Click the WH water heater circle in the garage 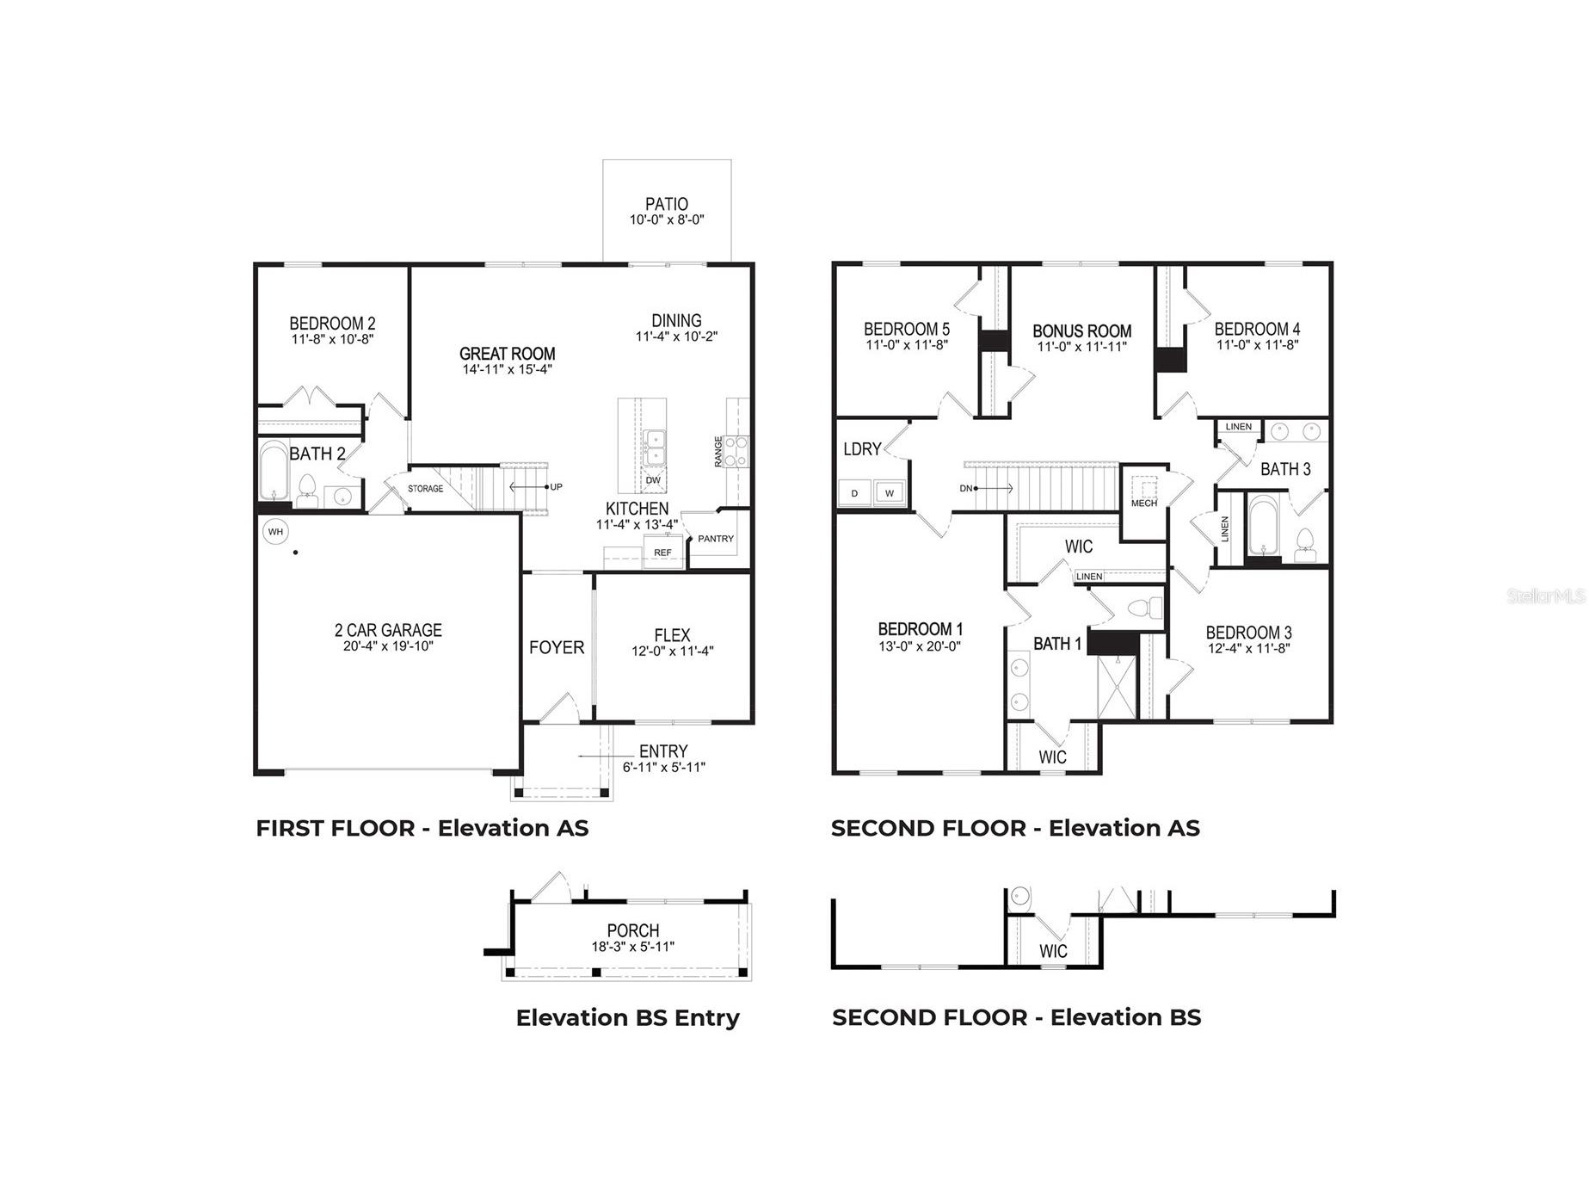tap(275, 532)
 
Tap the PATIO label tap(667, 204)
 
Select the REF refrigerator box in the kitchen tap(662, 553)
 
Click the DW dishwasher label tap(653, 480)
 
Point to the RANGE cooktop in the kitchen tap(736, 451)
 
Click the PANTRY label tap(716, 539)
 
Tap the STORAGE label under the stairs tap(425, 489)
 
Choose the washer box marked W tap(890, 493)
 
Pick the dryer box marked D tap(854, 493)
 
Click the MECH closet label tap(1143, 503)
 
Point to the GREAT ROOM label tap(507, 354)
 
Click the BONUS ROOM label tap(1081, 331)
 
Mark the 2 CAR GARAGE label tap(388, 630)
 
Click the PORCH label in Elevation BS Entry tap(632, 930)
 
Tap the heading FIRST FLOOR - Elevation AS tap(422, 828)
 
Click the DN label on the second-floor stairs tap(965, 488)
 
